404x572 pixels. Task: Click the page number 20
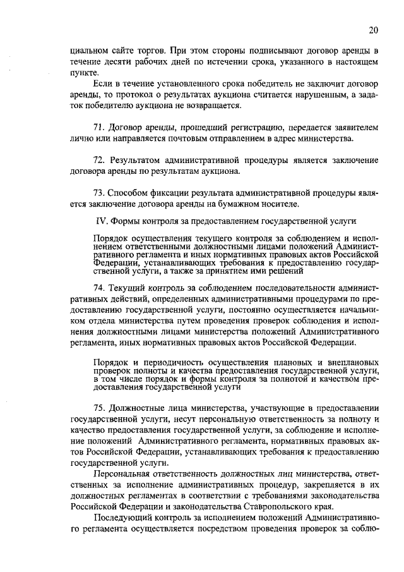(x=374, y=30)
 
